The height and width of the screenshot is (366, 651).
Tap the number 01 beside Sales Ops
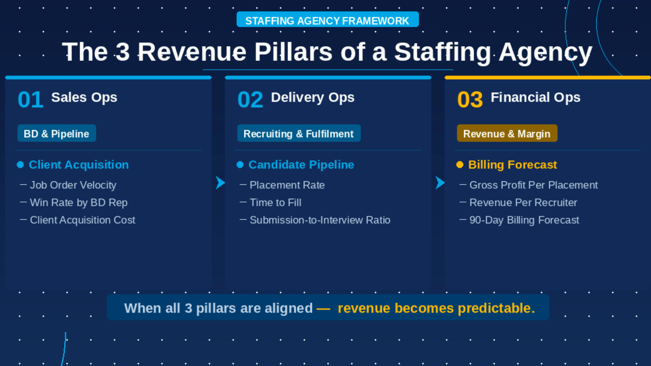31,100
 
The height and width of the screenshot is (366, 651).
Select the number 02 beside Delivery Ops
250,100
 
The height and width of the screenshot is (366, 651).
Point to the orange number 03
470,100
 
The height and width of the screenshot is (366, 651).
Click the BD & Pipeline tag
56,133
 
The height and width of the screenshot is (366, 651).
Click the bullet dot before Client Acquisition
20,165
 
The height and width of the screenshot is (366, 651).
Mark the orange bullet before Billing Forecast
460,165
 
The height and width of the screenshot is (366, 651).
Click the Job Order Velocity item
73,185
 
